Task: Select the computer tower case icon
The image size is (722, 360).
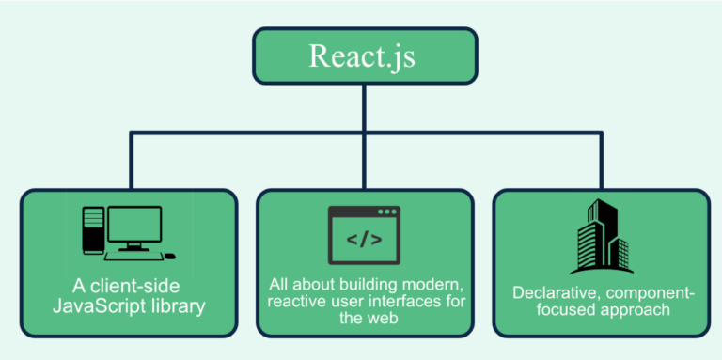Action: (92, 229)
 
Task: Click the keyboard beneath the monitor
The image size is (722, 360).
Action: (132, 255)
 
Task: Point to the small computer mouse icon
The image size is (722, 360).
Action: (169, 256)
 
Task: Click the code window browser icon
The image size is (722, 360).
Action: (364, 235)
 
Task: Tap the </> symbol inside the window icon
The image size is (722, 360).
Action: (364, 240)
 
